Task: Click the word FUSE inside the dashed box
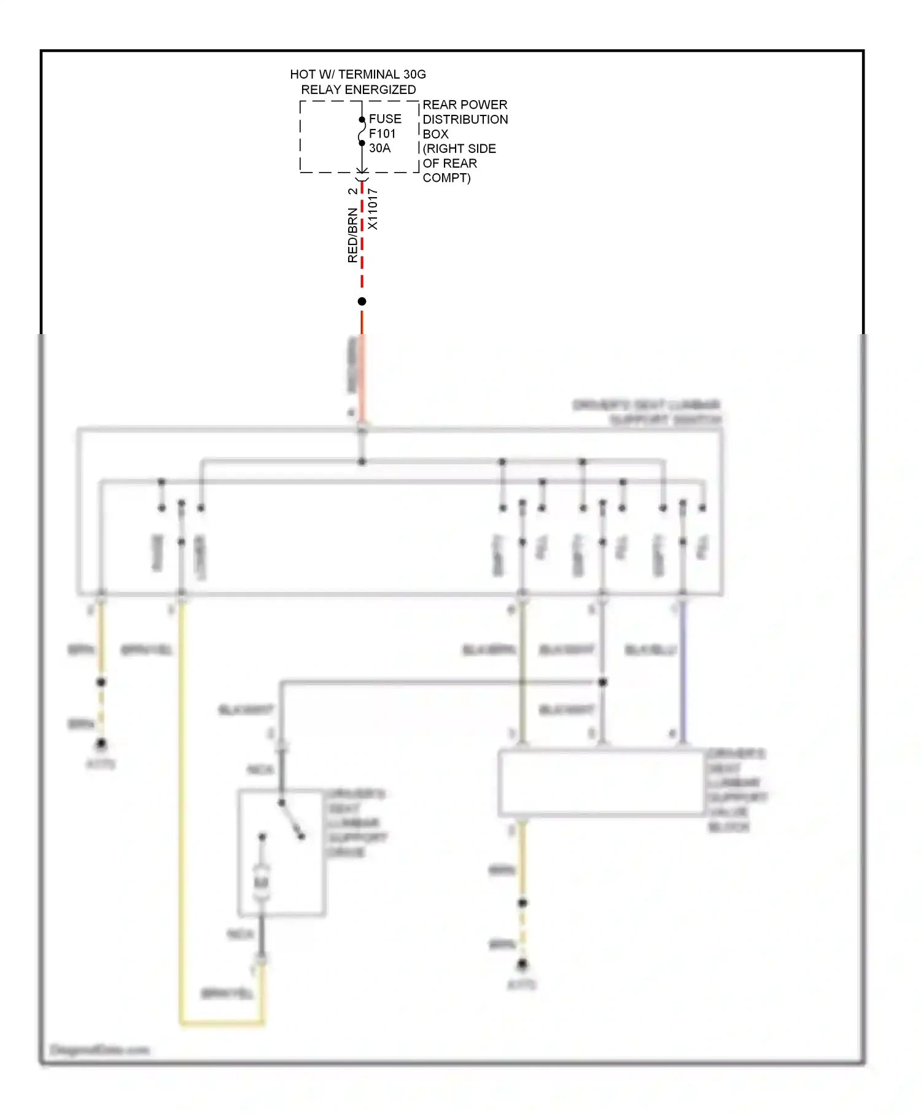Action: click(x=385, y=119)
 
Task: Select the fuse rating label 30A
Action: click(x=379, y=148)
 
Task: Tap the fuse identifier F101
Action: click(x=383, y=133)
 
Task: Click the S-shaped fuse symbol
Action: click(x=362, y=131)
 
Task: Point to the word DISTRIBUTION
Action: click(x=465, y=119)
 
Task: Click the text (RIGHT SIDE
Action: click(x=459, y=149)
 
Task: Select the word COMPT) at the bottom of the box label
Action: click(x=446, y=178)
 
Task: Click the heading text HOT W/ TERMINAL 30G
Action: click(x=358, y=74)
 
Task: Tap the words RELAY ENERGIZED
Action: click(x=358, y=90)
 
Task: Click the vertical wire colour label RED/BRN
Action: click(x=352, y=236)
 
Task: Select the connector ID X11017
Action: click(x=373, y=209)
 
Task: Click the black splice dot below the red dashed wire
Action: click(x=362, y=302)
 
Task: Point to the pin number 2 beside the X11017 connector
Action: click(x=352, y=191)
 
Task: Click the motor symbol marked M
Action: click(x=262, y=882)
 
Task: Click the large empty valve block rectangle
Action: click(x=602, y=782)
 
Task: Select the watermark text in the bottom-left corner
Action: click(x=99, y=1050)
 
